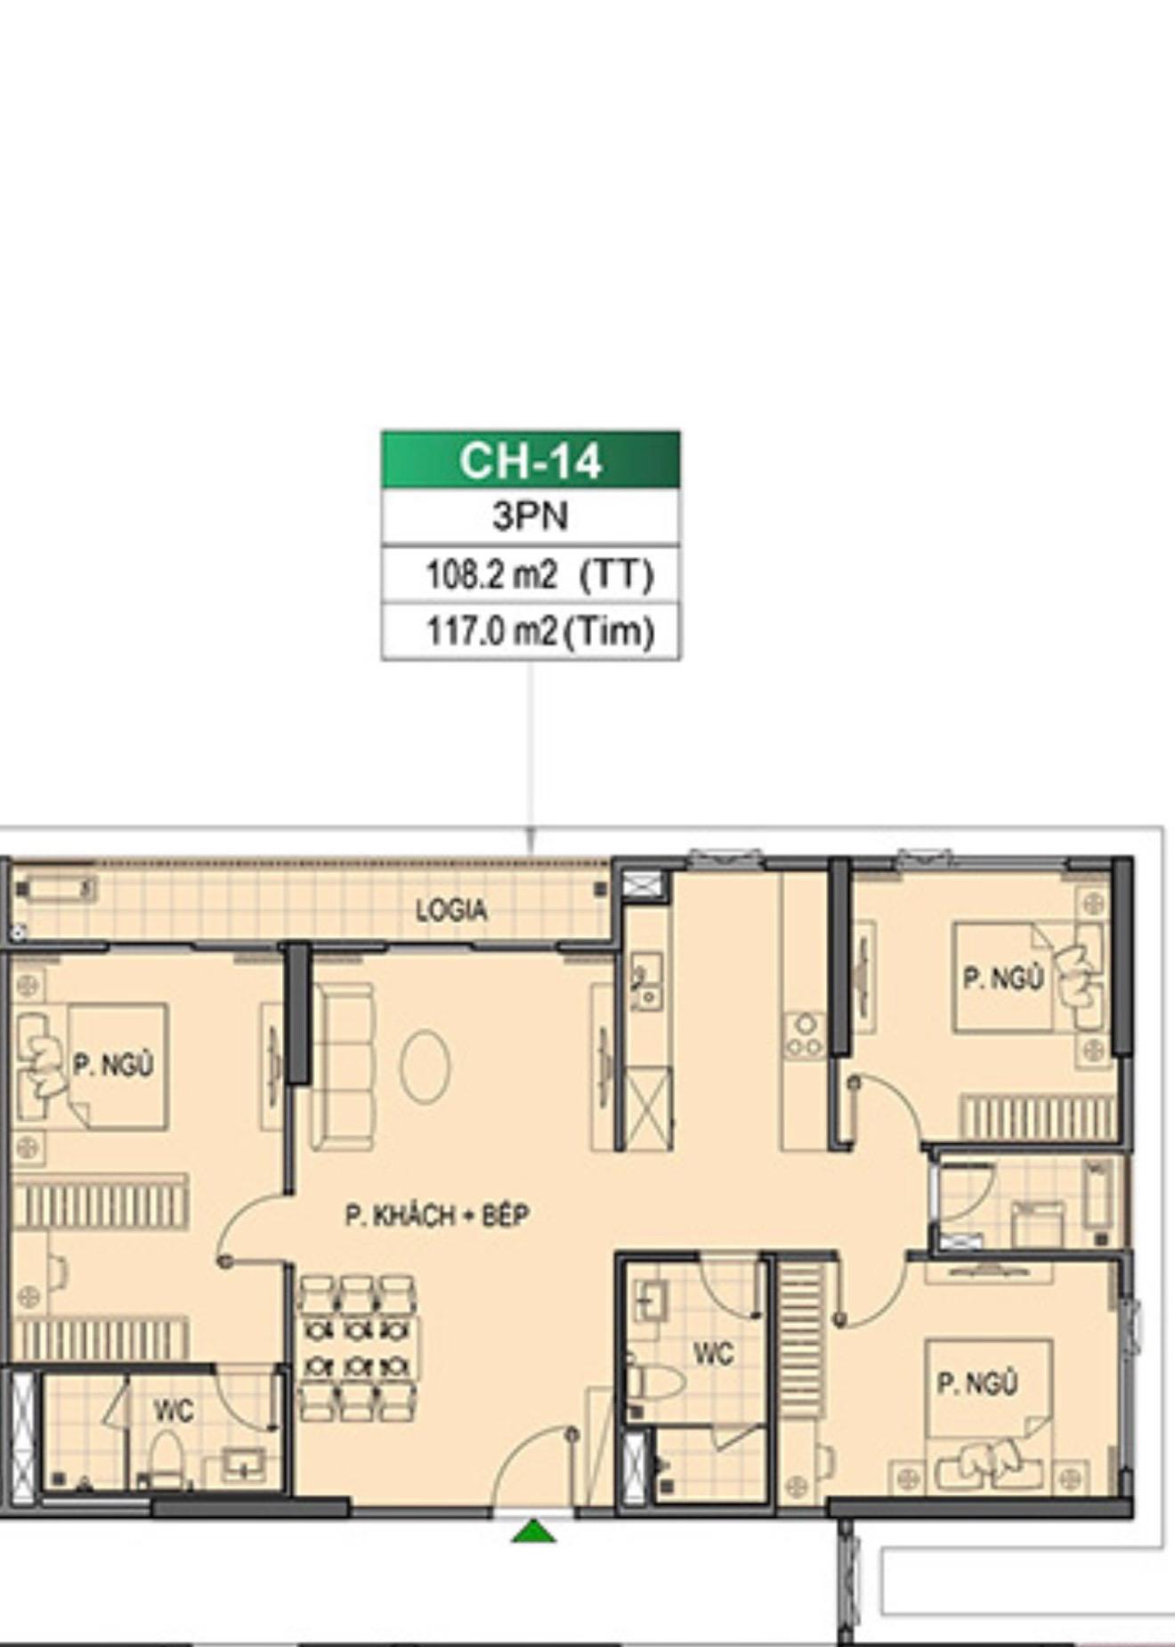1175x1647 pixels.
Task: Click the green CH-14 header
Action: [x=531, y=459]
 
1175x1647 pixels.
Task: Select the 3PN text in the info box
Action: [x=531, y=516]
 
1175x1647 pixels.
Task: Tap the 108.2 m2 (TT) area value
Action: [x=539, y=574]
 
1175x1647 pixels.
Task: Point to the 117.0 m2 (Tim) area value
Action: [x=540, y=631]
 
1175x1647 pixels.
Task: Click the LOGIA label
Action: [x=451, y=910]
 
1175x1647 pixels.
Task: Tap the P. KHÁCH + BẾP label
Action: [x=437, y=1214]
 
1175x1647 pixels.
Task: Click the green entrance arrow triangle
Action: [x=533, y=1530]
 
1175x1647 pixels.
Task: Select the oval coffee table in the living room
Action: [x=425, y=1067]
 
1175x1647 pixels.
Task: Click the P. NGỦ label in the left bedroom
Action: [x=113, y=1064]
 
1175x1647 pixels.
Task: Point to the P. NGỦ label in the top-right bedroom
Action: [x=1003, y=978]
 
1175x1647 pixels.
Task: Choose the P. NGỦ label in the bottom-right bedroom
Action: [x=976, y=1383]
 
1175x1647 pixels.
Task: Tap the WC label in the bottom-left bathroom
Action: [x=173, y=1410]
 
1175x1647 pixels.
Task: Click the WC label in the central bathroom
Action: [x=713, y=1354]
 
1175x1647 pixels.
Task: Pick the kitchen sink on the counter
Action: [x=646, y=982]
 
